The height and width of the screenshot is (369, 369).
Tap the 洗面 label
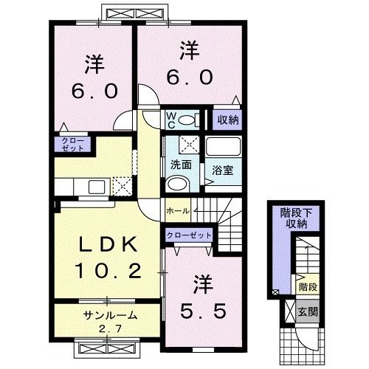pos(181,164)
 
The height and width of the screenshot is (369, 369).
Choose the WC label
pos(170,120)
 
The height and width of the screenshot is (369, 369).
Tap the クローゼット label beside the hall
pos(189,235)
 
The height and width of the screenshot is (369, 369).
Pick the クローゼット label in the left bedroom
pos(72,143)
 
